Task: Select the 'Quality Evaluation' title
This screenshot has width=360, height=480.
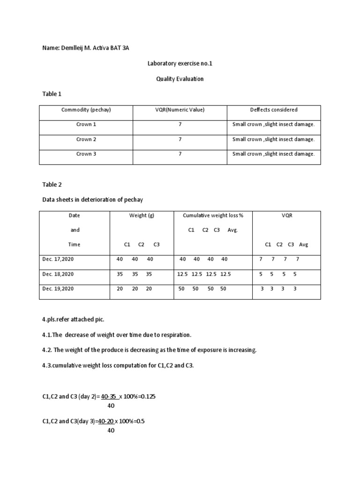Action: coord(180,79)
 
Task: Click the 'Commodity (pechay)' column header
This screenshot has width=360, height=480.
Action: coord(86,110)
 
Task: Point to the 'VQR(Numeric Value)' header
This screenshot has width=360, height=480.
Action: coord(180,110)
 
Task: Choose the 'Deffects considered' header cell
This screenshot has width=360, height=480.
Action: coord(274,110)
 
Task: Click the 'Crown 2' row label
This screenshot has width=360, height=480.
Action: coord(86,139)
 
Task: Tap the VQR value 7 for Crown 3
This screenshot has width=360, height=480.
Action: coord(180,154)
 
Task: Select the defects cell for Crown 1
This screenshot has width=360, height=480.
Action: coord(274,125)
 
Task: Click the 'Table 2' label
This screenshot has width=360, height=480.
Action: coord(52,185)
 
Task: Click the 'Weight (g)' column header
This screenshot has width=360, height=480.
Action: coord(142,216)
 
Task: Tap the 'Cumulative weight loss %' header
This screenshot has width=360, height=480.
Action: coord(213,216)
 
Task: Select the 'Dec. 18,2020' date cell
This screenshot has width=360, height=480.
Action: coord(58,274)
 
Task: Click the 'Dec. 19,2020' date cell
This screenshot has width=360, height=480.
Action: coord(58,289)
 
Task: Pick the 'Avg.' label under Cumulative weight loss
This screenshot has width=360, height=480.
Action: coord(233,230)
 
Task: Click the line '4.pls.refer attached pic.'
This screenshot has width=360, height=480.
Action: coord(73,319)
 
